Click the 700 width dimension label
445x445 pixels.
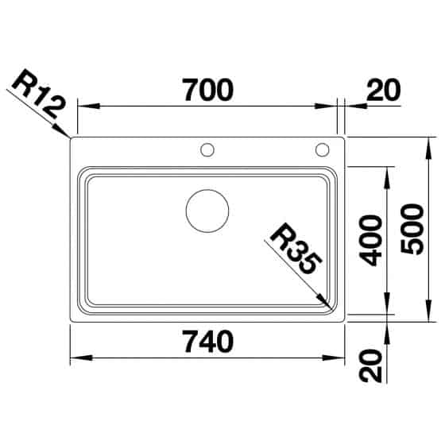tap(207, 90)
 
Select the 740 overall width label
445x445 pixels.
tap(209, 342)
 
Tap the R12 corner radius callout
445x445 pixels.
tap(39, 94)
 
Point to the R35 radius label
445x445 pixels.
tap(296, 249)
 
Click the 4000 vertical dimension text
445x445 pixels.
tap(369, 241)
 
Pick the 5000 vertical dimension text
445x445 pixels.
tap(412, 229)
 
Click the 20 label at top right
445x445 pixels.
tap(383, 90)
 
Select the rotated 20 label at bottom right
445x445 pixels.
tap(370, 366)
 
